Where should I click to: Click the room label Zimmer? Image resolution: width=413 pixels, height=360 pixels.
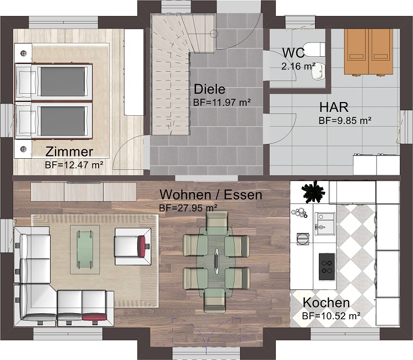coord(69,152)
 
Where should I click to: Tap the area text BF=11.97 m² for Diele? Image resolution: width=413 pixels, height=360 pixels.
coord(222,103)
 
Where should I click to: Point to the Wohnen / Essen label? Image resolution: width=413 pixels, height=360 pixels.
coord(210,195)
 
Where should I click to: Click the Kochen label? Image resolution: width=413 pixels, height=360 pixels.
coord(325,303)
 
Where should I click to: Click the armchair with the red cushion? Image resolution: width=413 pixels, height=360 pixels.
coord(131,243)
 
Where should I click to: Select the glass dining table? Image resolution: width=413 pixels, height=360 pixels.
coord(216,259)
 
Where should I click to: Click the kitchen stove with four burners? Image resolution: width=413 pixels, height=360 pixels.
coord(327,267)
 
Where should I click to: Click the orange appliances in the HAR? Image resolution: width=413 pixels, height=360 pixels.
coord(369,51)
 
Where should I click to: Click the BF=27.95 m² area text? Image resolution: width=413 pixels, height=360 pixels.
coord(188,208)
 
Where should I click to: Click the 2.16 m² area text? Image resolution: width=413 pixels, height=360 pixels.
coord(298,66)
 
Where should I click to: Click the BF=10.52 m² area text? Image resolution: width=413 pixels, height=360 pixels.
coord(331,316)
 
